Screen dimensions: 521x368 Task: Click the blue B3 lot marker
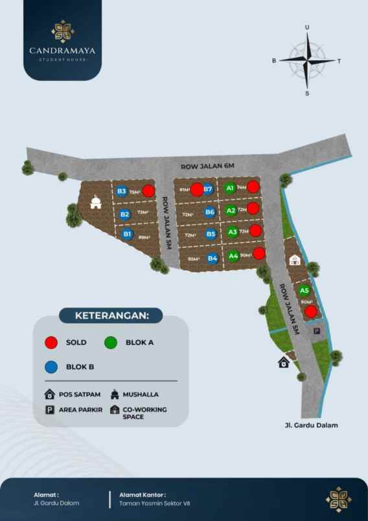pyautogui.click(x=122, y=191)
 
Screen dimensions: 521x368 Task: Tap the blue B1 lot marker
pyautogui.click(x=128, y=234)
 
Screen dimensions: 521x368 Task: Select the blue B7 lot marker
pyautogui.click(x=208, y=189)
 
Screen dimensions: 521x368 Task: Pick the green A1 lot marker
pyautogui.click(x=229, y=188)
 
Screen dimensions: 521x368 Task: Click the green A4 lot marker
pyautogui.click(x=234, y=256)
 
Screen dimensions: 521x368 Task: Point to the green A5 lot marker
pyautogui.click(x=305, y=291)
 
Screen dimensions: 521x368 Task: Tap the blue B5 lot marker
pyautogui.click(x=211, y=234)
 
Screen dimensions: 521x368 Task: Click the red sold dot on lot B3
pyautogui.click(x=148, y=191)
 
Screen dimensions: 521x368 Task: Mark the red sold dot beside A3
pyautogui.click(x=256, y=231)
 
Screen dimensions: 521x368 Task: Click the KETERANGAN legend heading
pyautogui.click(x=111, y=316)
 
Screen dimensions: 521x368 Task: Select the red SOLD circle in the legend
pyautogui.click(x=51, y=342)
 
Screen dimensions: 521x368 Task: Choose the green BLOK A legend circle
pyautogui.click(x=111, y=342)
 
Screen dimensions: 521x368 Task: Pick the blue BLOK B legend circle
pyautogui.click(x=51, y=366)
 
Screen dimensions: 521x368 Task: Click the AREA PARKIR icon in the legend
pyautogui.click(x=49, y=410)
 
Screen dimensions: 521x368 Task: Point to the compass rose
pyautogui.click(x=307, y=61)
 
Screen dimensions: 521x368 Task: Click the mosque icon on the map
pyautogui.click(x=96, y=202)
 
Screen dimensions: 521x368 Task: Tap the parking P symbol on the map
pyautogui.click(x=317, y=331)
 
